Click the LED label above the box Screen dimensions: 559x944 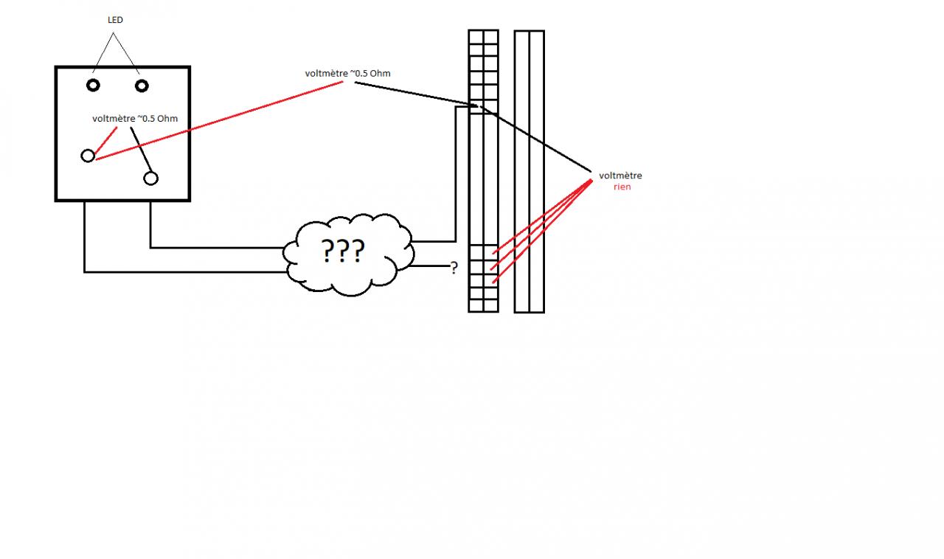[x=115, y=21]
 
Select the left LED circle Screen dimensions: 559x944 [x=93, y=85]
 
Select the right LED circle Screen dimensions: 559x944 [x=142, y=86]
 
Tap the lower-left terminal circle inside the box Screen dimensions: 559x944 [x=88, y=156]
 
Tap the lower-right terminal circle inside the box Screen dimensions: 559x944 [x=151, y=178]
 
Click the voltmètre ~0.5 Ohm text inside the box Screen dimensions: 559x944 [x=135, y=119]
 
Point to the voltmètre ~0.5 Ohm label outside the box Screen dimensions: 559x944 [x=347, y=73]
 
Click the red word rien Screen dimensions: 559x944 [x=622, y=187]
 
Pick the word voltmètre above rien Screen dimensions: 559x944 [x=620, y=176]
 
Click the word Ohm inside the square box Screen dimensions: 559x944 [x=167, y=119]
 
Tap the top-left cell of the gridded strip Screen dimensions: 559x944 [x=476, y=36]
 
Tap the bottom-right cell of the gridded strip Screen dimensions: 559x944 [x=490, y=305]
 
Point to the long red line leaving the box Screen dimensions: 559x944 [x=221, y=119]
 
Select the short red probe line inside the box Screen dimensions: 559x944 [x=106, y=139]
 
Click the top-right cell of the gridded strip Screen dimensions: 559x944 [x=490, y=36]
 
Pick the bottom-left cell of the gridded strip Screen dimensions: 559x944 [x=476, y=305]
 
